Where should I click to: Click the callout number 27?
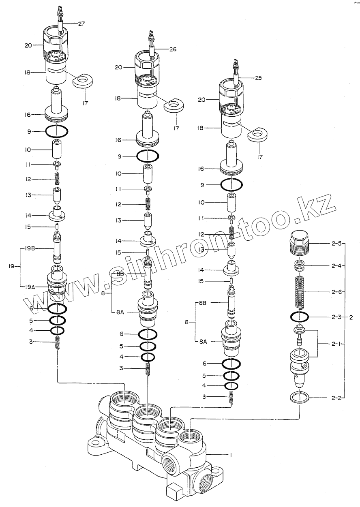point(81,24)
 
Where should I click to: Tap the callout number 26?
point(173,49)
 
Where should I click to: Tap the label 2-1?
point(336,344)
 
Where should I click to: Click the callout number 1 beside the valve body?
point(231,455)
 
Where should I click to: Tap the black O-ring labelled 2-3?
point(300,316)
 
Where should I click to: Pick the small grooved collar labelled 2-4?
point(300,266)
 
